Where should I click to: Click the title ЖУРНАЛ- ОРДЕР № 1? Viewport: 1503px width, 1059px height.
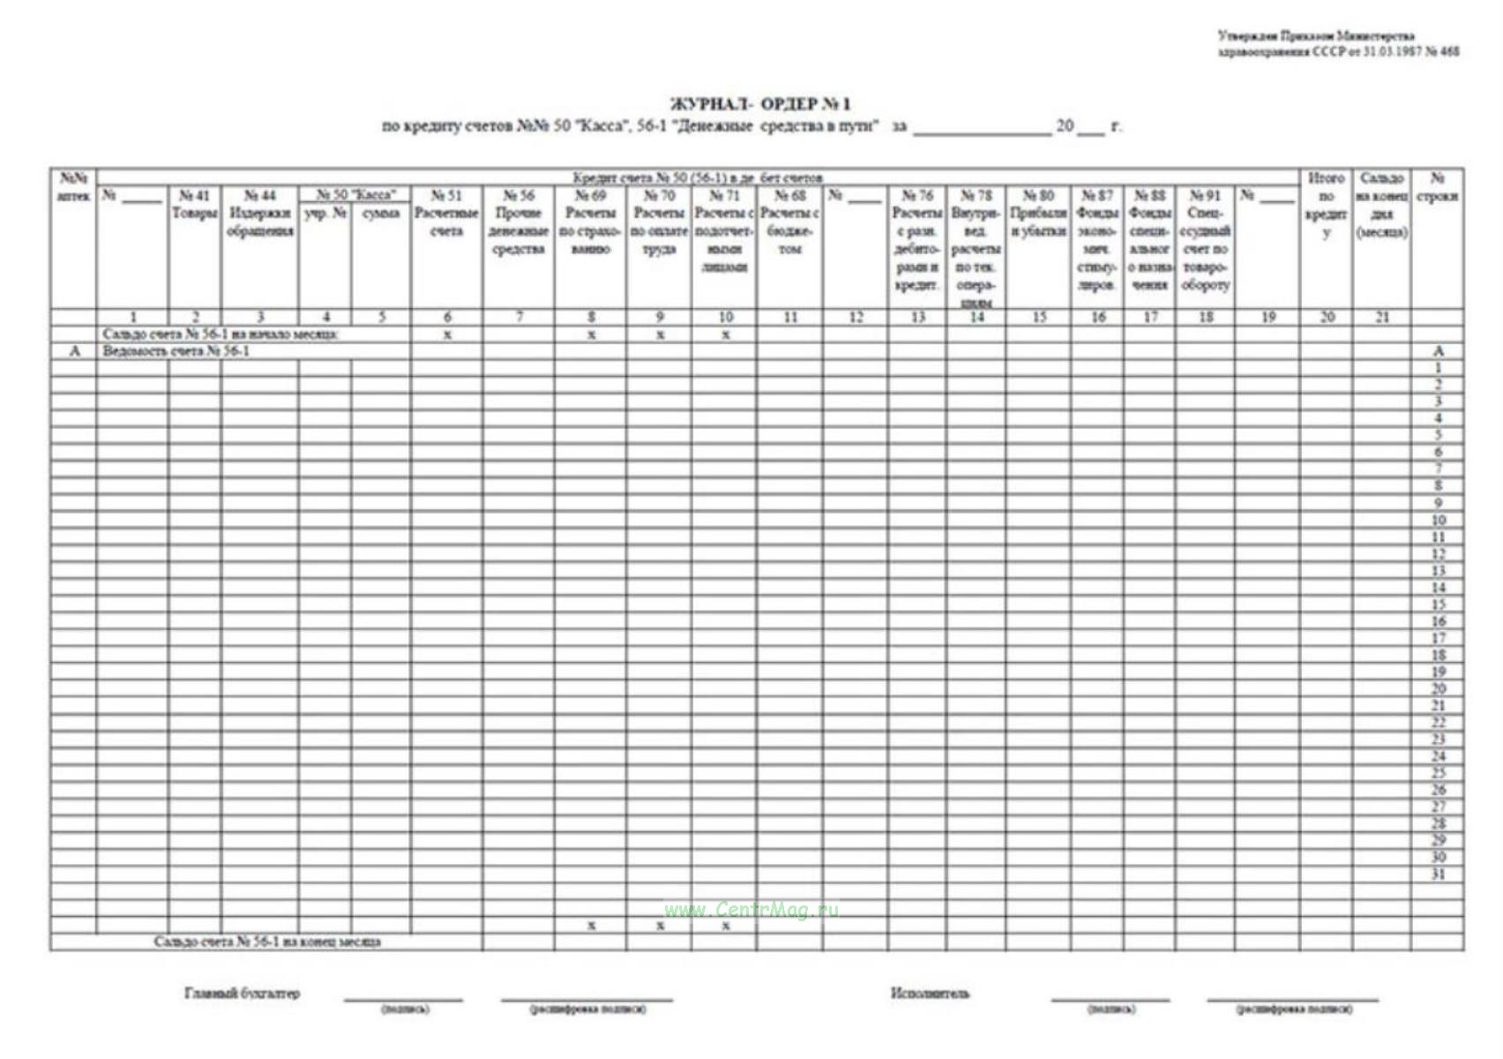click(759, 104)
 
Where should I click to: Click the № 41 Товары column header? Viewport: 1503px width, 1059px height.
click(194, 204)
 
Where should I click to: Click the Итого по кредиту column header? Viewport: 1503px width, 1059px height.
click(1326, 205)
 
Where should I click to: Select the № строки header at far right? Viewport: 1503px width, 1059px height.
click(1437, 187)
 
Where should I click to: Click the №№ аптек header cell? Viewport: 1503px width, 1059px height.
click(73, 187)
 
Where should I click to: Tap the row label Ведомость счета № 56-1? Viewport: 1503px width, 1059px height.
click(176, 351)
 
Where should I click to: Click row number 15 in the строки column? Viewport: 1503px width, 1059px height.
click(1438, 605)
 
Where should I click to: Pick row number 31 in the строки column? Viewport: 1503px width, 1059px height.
click(1438, 875)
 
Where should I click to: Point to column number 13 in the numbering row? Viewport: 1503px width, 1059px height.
click(917, 317)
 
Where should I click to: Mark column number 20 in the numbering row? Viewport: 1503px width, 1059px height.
click(1327, 317)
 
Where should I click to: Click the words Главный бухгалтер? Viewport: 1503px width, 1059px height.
click(242, 994)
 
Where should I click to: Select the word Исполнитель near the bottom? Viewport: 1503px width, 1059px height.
click(930, 994)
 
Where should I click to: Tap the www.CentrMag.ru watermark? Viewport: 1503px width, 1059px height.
click(751, 910)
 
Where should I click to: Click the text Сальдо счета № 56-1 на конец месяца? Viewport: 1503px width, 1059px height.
click(267, 942)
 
